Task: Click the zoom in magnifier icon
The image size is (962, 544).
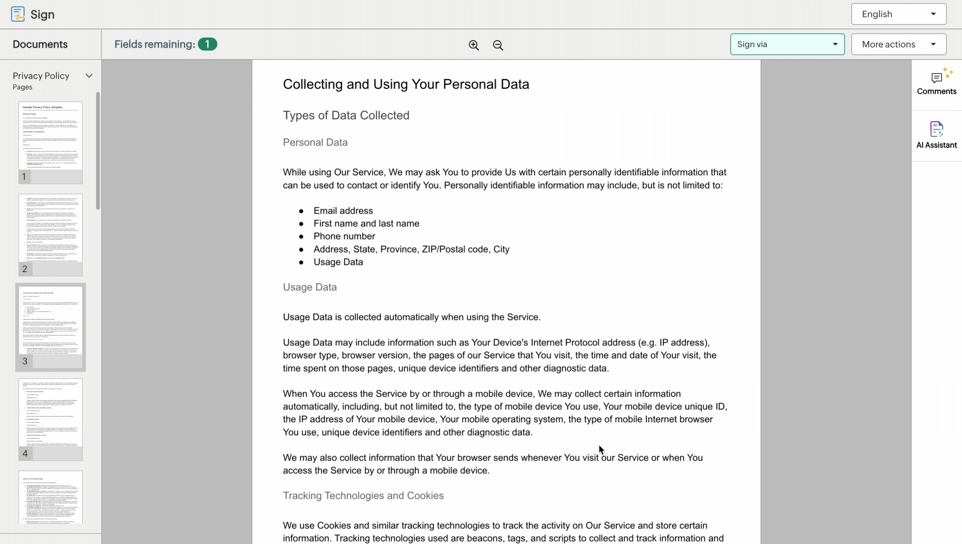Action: point(473,45)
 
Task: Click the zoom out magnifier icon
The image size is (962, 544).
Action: point(498,45)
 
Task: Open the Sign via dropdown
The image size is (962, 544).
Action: point(787,44)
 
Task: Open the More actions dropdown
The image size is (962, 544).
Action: point(898,44)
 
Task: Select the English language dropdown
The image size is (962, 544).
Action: point(898,14)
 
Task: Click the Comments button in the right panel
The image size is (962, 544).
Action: point(936,83)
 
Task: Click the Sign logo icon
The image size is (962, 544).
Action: point(18,14)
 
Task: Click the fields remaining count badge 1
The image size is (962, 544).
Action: point(207,44)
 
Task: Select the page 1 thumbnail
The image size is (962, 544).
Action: point(51,137)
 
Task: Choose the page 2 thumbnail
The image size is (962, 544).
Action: point(51,229)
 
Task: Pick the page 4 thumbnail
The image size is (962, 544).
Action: point(51,413)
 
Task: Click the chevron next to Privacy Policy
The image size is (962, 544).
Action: point(89,76)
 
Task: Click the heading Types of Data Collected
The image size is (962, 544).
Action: point(346,115)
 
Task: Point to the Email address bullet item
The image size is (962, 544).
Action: point(343,211)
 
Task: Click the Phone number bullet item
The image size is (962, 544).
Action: point(344,236)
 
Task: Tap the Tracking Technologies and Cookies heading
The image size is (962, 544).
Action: point(363,495)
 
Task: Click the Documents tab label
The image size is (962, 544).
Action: point(40,44)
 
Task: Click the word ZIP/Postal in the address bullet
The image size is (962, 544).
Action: point(443,249)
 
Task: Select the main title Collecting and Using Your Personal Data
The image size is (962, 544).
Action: point(406,84)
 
